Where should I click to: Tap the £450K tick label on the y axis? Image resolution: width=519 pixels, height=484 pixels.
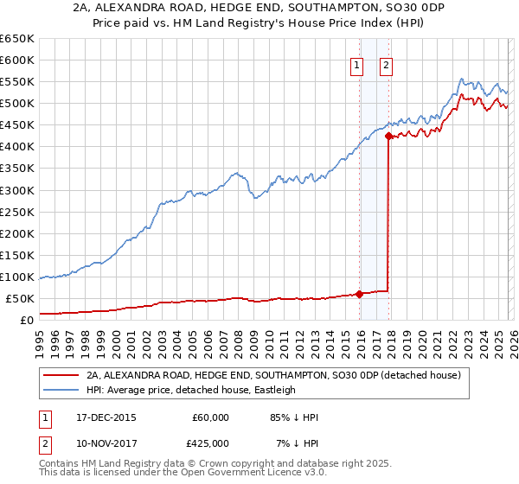click(16, 125)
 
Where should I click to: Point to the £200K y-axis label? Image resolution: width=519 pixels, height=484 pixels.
click(16, 233)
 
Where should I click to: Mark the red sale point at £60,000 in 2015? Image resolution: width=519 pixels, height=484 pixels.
click(359, 294)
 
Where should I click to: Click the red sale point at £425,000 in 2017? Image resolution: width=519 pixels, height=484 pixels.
click(388, 136)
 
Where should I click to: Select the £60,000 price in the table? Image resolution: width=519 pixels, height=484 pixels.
click(210, 417)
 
